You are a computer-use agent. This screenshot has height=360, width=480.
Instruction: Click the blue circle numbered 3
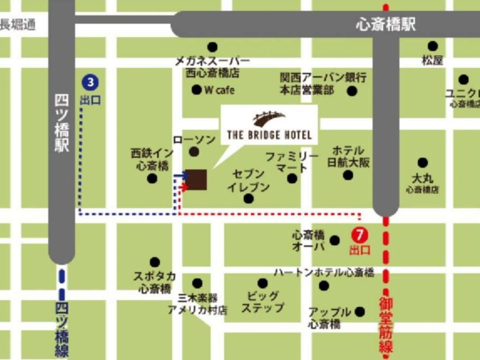[x=90, y=83]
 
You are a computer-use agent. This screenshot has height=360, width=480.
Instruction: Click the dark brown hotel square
[x=196, y=180]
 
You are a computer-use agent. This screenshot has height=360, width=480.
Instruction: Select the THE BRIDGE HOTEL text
[x=269, y=134]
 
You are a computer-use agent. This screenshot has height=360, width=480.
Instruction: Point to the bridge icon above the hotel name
[x=269, y=118]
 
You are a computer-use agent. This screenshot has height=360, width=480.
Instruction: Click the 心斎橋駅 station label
[x=386, y=25]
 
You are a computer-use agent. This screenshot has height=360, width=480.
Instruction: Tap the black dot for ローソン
[x=194, y=152]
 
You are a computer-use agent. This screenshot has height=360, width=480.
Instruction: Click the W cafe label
[x=219, y=90]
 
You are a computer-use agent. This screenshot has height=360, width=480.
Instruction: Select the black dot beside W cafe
[x=196, y=90]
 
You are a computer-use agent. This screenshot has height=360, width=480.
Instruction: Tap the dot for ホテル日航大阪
[x=348, y=175]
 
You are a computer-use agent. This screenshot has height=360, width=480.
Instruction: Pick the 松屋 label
[x=432, y=61]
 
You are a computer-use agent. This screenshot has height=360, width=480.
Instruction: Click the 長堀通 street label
[x=18, y=25]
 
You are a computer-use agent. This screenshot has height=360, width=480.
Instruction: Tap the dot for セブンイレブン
[x=248, y=198]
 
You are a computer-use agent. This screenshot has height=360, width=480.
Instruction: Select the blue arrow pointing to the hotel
[x=181, y=175]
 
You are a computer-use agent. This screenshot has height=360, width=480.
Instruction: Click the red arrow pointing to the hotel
[x=183, y=187]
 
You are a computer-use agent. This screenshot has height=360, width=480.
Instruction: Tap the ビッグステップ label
[x=262, y=302]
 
